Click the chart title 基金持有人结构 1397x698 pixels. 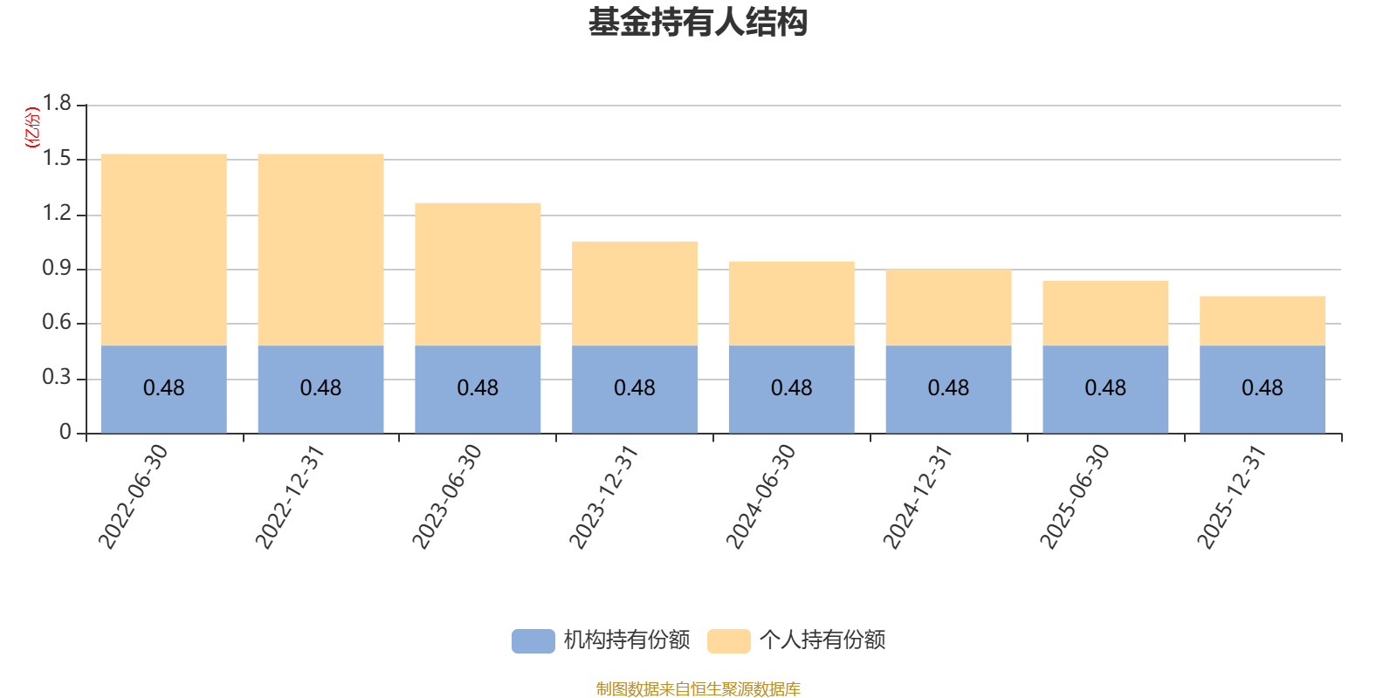pyautogui.click(x=698, y=23)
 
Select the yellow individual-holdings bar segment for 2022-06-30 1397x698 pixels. pyautogui.click(x=163, y=250)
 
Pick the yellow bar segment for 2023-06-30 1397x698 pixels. pyautogui.click(x=478, y=274)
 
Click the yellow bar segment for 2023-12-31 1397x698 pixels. pyautogui.click(x=635, y=293)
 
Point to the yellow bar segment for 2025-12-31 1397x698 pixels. pyautogui.click(x=1263, y=320)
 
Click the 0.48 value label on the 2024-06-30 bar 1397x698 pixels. pyautogui.click(x=791, y=388)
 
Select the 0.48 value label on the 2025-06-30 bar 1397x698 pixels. pyautogui.click(x=1105, y=388)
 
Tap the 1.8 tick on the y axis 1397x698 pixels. pyautogui.click(x=58, y=104)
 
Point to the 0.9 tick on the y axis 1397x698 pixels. pyautogui.click(x=58, y=269)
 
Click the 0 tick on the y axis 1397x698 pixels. pyautogui.click(x=65, y=433)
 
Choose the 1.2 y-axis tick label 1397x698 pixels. pyautogui.click(x=58, y=214)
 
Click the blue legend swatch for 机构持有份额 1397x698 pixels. pyautogui.click(x=533, y=640)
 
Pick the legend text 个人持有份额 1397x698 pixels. pyautogui.click(x=822, y=640)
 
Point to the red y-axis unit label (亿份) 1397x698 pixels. pyautogui.click(x=33, y=127)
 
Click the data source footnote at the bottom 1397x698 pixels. pyautogui.click(x=698, y=689)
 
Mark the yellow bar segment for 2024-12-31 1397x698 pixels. pyautogui.click(x=948, y=307)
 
